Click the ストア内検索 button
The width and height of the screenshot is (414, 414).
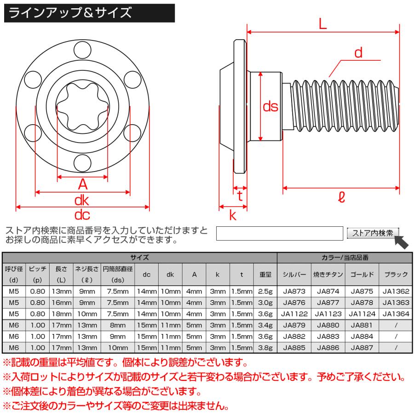[x=373, y=233]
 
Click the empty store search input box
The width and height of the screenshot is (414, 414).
[x=280, y=234]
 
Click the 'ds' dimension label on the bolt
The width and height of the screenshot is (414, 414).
[x=270, y=107]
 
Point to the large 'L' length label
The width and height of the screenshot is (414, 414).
[x=322, y=24]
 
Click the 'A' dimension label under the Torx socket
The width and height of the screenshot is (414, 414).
[x=83, y=184]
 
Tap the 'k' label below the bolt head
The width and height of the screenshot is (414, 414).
[x=233, y=214]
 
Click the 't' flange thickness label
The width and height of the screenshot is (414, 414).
[x=240, y=196]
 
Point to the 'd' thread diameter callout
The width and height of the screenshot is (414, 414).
[x=358, y=53]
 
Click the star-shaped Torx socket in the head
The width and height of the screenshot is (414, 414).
[x=83, y=105]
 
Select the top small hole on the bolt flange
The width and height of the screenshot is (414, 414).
[x=83, y=47]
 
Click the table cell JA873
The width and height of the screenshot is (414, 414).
[x=294, y=291]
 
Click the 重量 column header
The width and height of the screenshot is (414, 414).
[x=265, y=274]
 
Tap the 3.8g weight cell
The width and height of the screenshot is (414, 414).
[x=265, y=348]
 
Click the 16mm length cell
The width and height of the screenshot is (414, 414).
[x=62, y=302]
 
